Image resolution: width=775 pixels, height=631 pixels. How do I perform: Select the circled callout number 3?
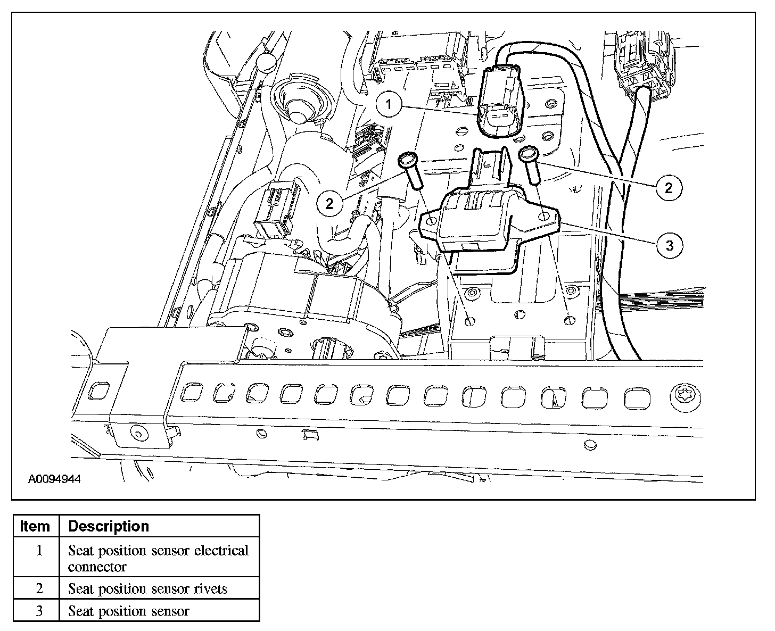coord(670,245)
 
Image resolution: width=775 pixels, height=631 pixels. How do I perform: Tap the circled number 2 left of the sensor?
coord(329,204)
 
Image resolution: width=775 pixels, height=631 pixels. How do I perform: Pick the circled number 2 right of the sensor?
coord(669,187)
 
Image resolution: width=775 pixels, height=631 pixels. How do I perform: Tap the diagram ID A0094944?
coord(54,479)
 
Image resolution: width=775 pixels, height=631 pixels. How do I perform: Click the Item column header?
coord(35,526)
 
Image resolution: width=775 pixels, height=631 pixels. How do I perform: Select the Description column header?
coord(109,526)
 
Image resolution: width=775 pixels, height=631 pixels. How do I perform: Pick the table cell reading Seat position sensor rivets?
coord(147,589)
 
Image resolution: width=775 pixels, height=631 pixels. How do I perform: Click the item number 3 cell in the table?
coord(39,611)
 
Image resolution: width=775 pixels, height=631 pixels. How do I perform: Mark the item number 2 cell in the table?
coord(39,589)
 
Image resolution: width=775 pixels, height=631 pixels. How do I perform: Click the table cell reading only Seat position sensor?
coord(128,611)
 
